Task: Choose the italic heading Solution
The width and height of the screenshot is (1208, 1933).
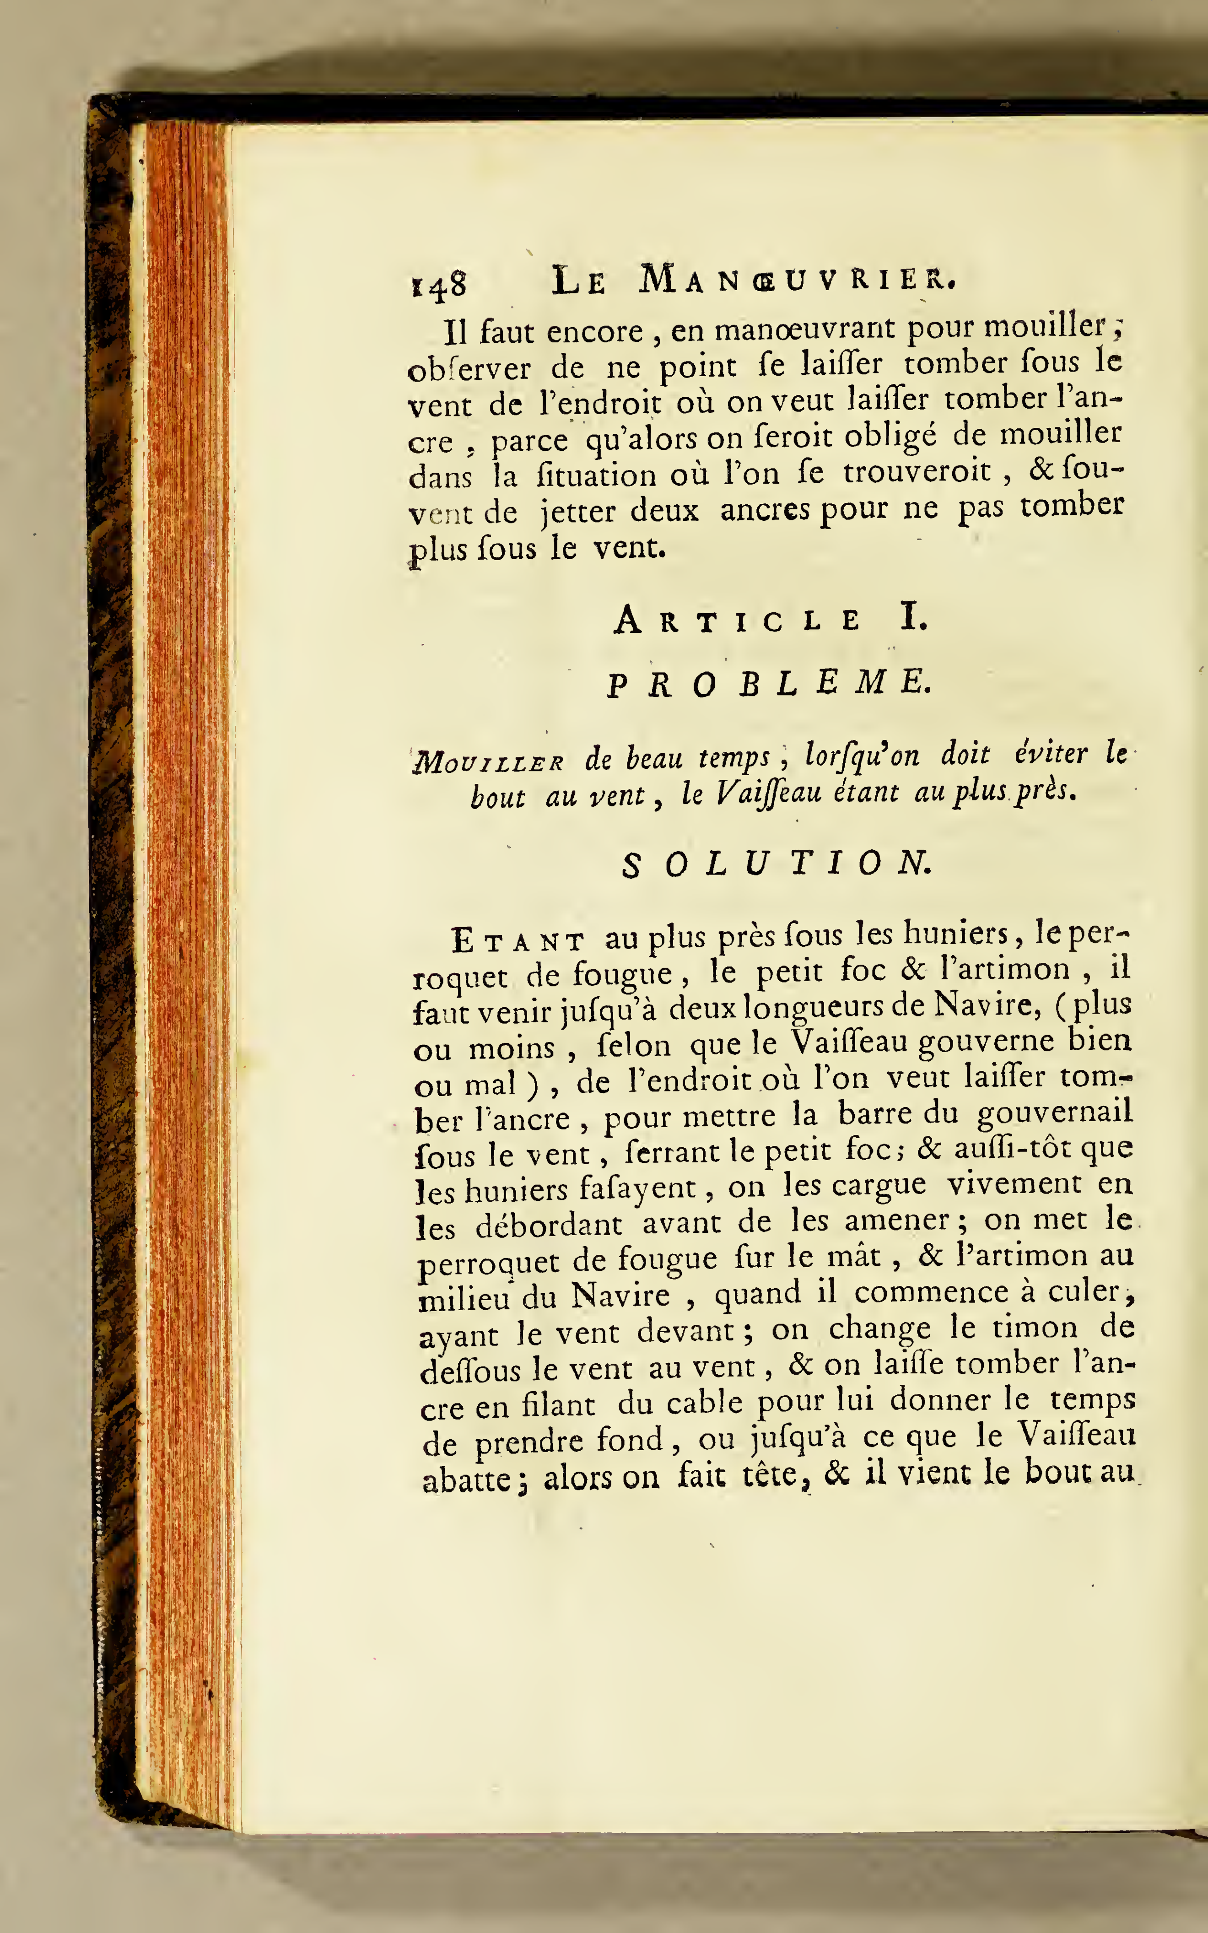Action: point(776,864)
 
